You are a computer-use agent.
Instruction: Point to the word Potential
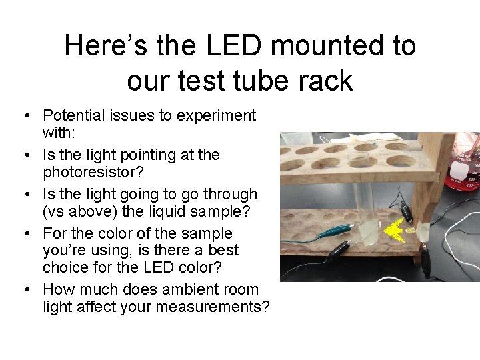click(72, 116)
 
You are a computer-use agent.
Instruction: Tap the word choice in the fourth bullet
click(63, 268)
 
